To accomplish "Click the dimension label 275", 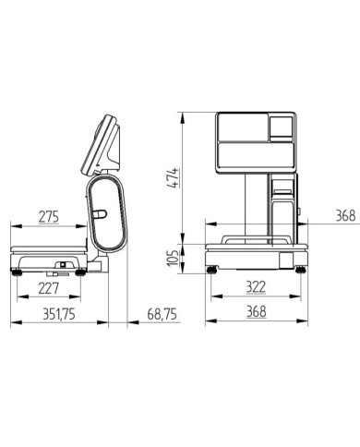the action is click(x=49, y=216).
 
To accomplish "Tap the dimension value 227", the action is click(x=48, y=288).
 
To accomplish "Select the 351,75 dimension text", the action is click(x=59, y=314).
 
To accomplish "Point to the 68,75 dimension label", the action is click(x=162, y=314).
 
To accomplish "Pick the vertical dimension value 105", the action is click(x=174, y=258).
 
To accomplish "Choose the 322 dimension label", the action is click(x=256, y=287).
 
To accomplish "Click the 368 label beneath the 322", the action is click(x=257, y=311).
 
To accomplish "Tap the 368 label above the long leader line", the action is click(x=345, y=215).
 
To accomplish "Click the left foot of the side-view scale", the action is click(x=17, y=272).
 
